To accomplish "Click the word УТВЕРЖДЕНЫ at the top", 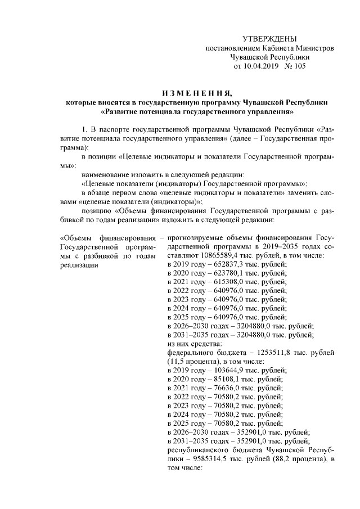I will (x=268, y=39).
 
